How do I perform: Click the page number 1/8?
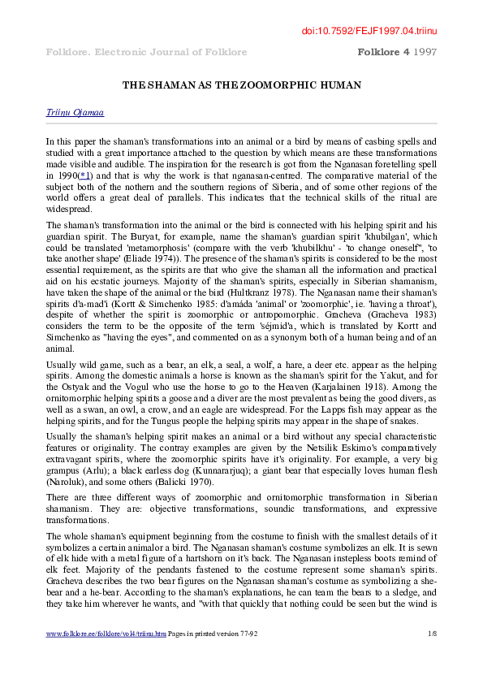431,654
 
